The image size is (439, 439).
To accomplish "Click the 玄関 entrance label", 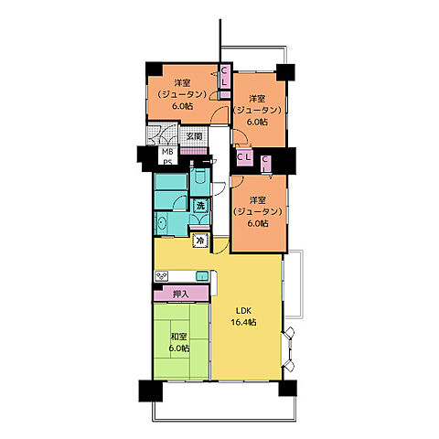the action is click(194, 136).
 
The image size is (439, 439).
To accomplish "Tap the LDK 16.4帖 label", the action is click(243, 316).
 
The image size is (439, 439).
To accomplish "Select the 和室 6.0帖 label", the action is click(179, 342).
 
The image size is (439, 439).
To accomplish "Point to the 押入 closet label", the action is click(181, 294).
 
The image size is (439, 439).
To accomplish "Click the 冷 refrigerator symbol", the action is click(200, 241).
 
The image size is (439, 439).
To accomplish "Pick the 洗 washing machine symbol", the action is click(200, 206).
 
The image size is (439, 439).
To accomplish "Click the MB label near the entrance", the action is click(167, 152).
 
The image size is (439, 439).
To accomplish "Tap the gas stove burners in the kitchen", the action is click(161, 276).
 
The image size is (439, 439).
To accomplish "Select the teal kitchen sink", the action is click(202, 276).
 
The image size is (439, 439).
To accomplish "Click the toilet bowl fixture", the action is click(200, 177).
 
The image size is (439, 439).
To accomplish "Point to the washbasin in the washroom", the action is click(162, 223).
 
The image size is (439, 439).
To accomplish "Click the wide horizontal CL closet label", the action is click(244, 157).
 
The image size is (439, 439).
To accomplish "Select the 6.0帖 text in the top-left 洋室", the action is click(182, 106).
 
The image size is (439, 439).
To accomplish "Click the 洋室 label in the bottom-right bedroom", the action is click(257, 200).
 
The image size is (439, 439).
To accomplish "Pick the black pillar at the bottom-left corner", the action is click(151, 391).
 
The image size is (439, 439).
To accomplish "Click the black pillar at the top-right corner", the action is click(285, 72).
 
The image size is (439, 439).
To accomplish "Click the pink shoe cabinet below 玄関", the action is click(193, 151).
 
